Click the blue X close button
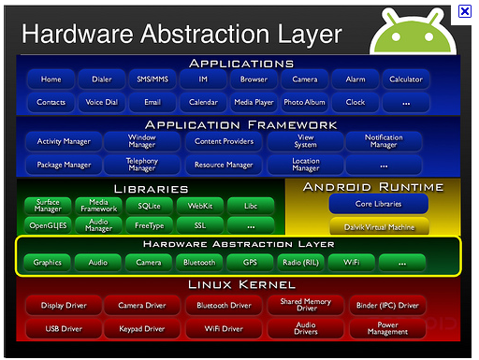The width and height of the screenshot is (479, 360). [465, 11]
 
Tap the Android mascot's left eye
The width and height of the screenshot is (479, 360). [396, 36]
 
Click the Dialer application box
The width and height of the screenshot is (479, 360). [102, 79]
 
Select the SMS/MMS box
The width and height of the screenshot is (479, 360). [152, 79]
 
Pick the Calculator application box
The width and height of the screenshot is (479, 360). [406, 79]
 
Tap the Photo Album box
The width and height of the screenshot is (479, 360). [304, 102]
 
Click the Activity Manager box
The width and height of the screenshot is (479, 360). [64, 141]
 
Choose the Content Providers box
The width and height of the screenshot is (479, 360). [224, 141]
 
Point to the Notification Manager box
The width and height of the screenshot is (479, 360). [384, 141]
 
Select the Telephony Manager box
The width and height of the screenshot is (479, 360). [142, 165]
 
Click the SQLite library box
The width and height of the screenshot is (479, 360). [149, 206]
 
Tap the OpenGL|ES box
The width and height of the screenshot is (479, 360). [48, 225]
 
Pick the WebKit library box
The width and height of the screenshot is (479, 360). [200, 206]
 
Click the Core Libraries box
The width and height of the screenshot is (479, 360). [379, 204]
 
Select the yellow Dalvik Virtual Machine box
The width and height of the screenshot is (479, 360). [379, 226]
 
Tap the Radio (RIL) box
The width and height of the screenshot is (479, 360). [300, 263]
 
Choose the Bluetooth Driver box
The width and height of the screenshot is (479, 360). [224, 305]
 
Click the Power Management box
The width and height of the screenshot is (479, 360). [387, 328]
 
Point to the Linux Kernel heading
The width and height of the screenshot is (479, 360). [241, 284]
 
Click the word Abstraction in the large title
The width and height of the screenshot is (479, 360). [205, 34]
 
